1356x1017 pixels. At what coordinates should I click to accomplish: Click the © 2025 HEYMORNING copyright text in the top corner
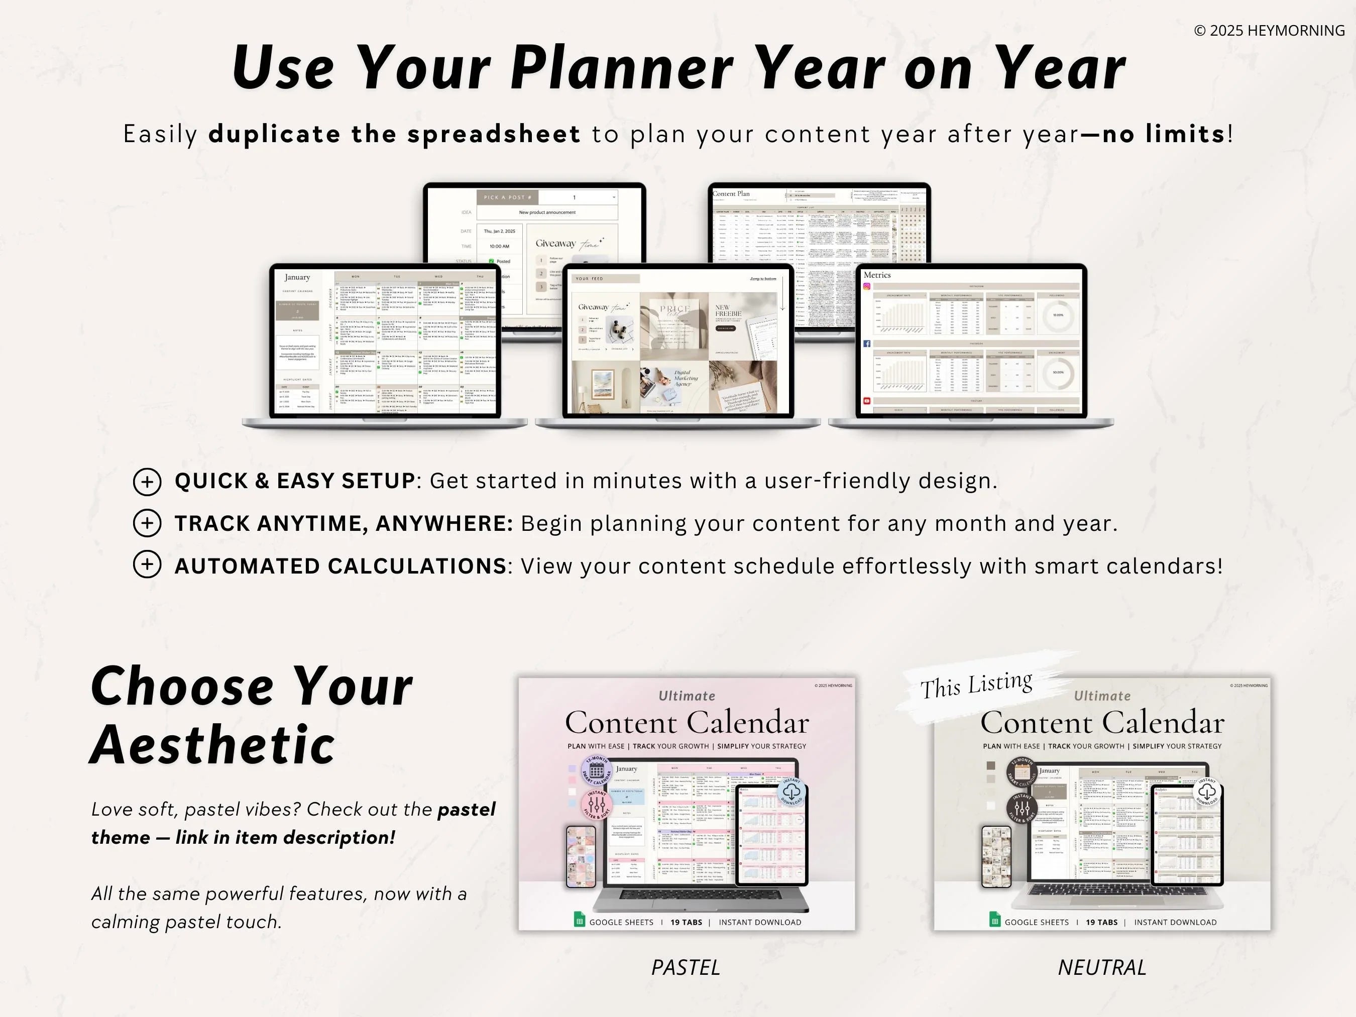1269,31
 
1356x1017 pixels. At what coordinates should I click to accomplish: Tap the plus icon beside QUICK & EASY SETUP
147,482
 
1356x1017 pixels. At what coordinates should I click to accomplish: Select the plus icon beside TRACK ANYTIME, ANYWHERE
147,523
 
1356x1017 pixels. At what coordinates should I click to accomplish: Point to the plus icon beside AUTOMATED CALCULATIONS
147,564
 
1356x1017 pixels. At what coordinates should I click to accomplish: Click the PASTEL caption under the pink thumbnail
686,967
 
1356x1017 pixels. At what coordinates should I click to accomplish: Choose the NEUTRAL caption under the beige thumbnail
1101,967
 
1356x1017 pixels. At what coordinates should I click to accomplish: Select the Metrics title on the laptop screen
877,275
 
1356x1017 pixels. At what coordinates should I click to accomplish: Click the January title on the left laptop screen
297,278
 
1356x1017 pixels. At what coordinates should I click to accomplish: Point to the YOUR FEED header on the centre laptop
590,279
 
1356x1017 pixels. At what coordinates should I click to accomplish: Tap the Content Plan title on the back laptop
731,194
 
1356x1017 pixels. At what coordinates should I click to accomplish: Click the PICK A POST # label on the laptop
508,197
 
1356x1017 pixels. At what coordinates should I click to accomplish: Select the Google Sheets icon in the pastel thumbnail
579,920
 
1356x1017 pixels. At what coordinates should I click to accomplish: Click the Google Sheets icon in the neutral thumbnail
994,920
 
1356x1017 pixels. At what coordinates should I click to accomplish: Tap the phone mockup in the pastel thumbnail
581,856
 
